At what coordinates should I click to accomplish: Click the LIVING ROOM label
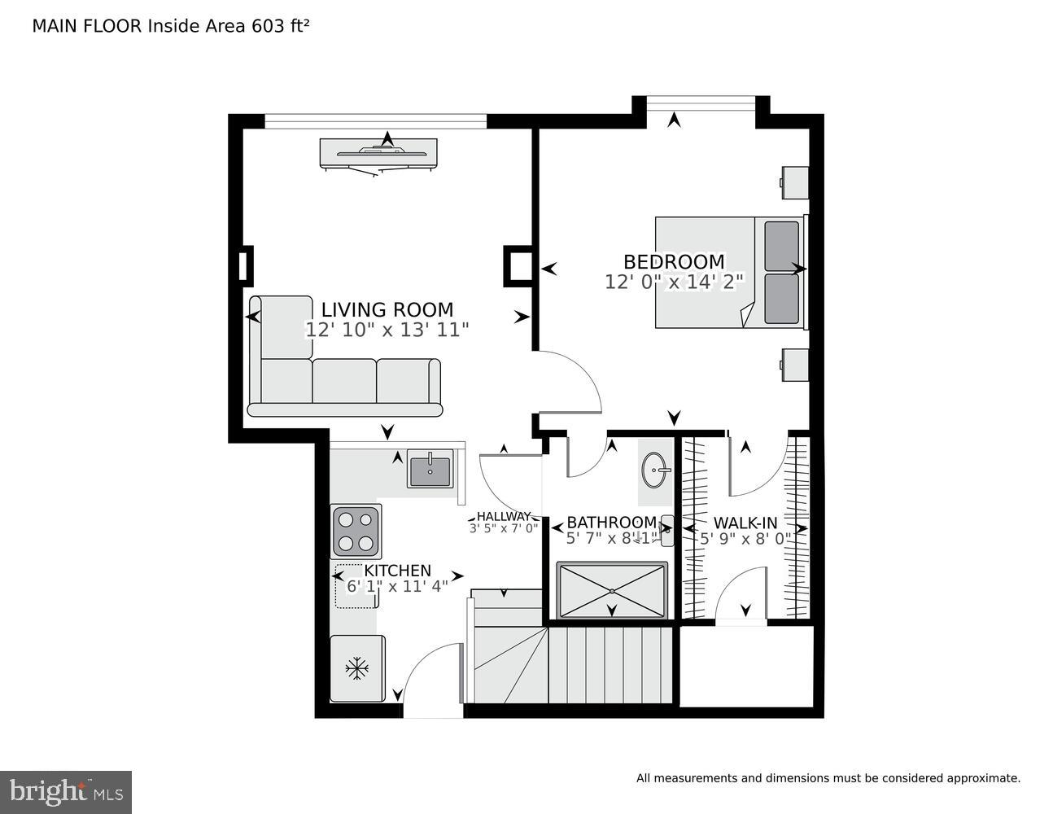387,310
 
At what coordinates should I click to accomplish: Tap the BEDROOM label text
674,262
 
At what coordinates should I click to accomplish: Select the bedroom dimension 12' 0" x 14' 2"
674,282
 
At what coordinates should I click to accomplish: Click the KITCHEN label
397,571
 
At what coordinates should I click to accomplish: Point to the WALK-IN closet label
745,523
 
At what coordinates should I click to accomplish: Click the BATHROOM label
611,523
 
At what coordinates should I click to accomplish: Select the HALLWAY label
503,516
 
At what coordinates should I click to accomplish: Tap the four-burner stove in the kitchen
356,532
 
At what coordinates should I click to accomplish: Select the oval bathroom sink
656,470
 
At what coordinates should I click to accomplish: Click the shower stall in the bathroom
612,591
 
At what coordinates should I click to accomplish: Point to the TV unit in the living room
378,153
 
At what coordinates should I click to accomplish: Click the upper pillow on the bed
781,246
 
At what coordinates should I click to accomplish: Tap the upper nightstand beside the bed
795,182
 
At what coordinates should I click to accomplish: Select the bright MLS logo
66,792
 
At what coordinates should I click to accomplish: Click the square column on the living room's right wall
518,266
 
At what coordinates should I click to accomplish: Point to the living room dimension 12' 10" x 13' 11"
387,330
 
